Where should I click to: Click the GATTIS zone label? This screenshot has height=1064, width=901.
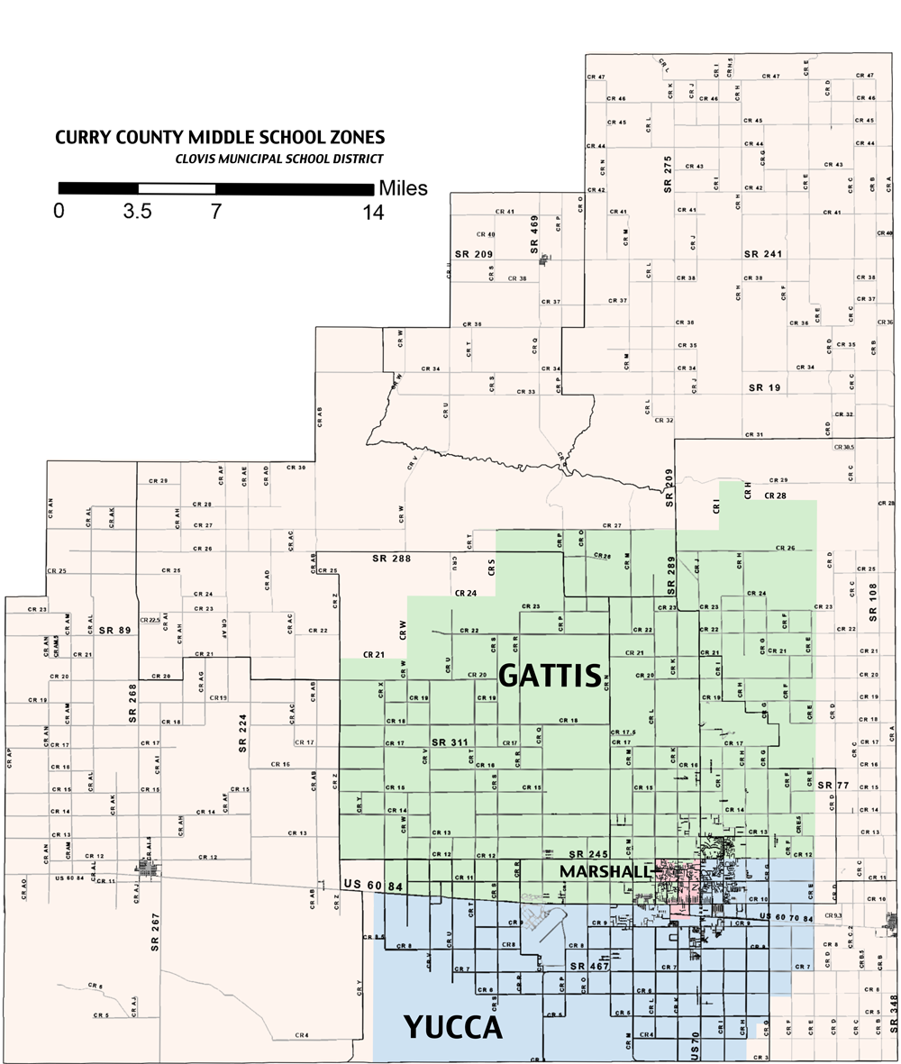point(550,675)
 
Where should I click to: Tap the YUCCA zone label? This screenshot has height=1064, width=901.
point(451,1027)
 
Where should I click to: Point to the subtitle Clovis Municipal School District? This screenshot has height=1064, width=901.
point(280,159)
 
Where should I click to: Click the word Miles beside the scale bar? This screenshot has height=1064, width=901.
point(403,189)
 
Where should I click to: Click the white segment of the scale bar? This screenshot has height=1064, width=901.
point(177,189)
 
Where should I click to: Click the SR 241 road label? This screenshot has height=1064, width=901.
point(762,254)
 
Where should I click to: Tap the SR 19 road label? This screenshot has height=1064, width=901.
point(764,386)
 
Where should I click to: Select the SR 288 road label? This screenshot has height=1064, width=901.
point(392,559)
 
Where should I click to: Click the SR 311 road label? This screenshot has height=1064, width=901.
point(450,742)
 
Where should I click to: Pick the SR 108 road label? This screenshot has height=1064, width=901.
point(871,602)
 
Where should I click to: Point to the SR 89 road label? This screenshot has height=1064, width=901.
point(114,630)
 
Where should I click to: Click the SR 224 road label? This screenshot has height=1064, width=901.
point(241,733)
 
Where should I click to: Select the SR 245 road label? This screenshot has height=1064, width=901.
point(587,853)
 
